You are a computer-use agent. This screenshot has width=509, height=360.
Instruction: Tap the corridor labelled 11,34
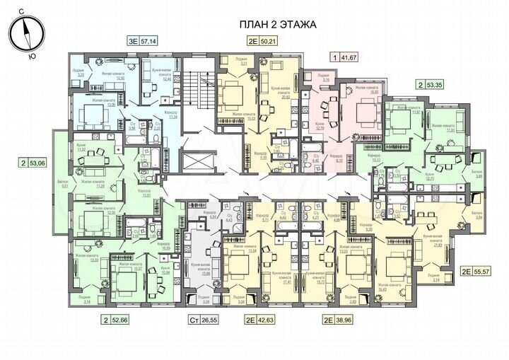point(170,116)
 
